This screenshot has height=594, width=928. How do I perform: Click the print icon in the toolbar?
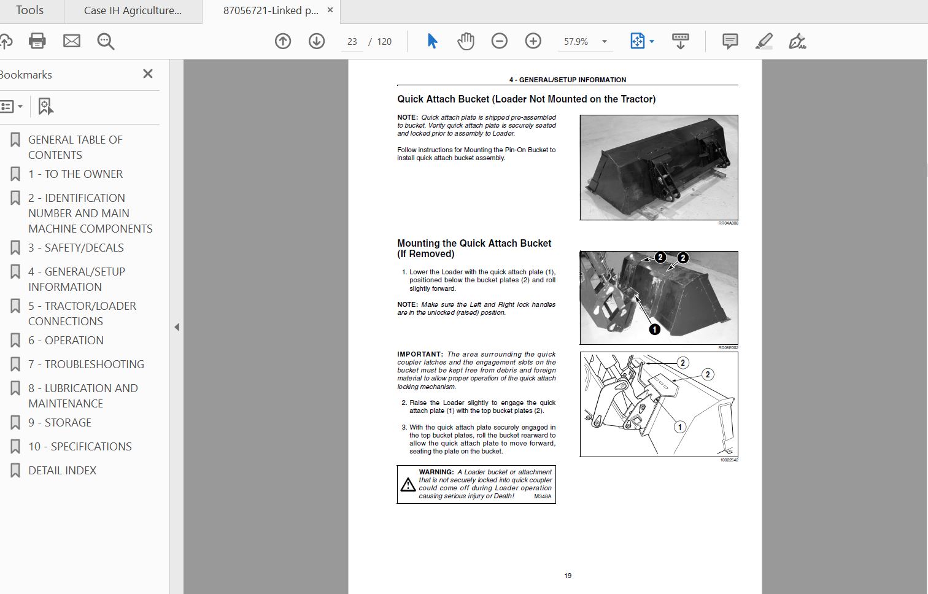pos(37,41)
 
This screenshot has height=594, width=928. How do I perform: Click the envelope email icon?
pos(72,41)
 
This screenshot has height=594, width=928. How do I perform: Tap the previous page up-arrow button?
pos(283,41)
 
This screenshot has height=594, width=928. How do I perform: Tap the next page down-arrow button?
pos(317,41)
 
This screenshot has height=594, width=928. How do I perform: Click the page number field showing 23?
pos(352,42)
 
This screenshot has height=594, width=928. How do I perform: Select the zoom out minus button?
pos(500,41)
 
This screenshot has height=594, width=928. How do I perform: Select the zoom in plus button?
pos(533,41)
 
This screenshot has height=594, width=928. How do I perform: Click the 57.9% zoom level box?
pos(576,42)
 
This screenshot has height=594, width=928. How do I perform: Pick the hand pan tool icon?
pos(466,41)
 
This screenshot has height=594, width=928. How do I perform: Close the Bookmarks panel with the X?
pos(148,74)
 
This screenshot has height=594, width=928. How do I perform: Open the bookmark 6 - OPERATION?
pos(66,341)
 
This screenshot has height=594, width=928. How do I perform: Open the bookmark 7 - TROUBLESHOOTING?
pos(86,364)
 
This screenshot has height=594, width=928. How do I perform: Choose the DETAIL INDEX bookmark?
pos(62,471)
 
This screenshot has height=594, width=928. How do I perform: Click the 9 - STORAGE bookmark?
pos(60,423)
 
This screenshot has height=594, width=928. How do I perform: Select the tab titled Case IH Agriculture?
pos(133,11)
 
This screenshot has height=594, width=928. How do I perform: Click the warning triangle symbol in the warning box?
pos(408,485)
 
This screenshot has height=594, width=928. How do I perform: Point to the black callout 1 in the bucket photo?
pos(655,330)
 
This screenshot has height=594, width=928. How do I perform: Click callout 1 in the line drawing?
pos(679,427)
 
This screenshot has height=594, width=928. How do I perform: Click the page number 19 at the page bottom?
pos(568,576)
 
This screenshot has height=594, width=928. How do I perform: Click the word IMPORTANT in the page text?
pos(420,354)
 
